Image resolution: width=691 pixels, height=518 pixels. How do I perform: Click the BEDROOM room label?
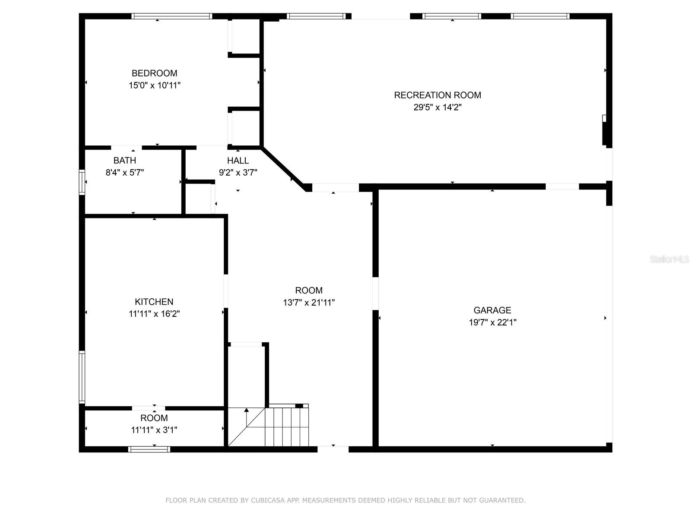[x=154, y=73]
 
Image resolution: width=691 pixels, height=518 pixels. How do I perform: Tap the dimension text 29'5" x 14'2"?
[x=437, y=107]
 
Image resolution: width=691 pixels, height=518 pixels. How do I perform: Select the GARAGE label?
[x=492, y=310]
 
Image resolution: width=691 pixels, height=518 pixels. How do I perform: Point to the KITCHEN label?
[x=154, y=302]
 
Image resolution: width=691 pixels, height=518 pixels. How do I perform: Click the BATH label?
[x=124, y=161]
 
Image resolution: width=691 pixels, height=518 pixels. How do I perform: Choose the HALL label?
[x=238, y=161]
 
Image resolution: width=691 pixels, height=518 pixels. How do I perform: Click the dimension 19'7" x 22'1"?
[x=492, y=322]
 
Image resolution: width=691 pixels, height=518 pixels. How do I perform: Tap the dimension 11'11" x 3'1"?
[x=154, y=430]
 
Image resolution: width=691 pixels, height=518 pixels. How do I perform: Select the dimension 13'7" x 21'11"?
[x=308, y=303]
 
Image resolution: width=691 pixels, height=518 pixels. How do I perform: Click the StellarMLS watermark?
[x=669, y=259]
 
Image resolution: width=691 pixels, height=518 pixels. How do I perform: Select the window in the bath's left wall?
[x=82, y=182]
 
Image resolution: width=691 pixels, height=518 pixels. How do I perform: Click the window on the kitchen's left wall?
[x=82, y=377]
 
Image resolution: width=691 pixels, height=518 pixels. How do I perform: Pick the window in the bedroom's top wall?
[x=171, y=16]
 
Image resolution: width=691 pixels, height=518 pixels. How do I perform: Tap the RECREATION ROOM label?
[x=437, y=95]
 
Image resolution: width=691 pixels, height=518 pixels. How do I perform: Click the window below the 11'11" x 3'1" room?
[x=149, y=449]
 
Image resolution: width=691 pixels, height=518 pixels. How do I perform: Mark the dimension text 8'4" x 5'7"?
[x=124, y=173]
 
